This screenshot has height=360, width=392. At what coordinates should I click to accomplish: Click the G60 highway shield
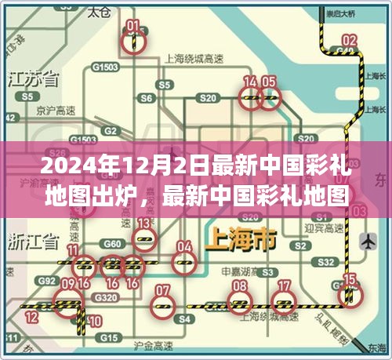point(113,245)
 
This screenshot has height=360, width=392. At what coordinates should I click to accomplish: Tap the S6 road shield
point(146,99)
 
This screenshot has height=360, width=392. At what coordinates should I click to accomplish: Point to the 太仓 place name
point(98,13)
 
